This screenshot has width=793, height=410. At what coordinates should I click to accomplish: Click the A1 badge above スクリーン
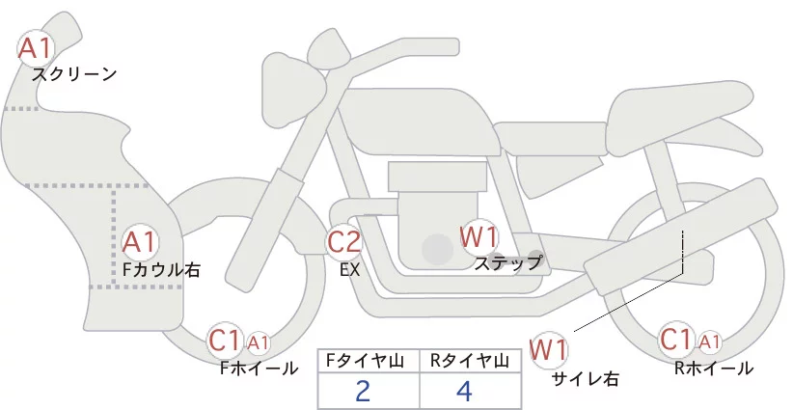click(38, 47)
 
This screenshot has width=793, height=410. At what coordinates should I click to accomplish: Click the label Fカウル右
click(161, 270)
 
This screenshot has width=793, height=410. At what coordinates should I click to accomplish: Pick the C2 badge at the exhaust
click(344, 241)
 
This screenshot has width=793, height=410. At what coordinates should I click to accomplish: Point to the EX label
click(349, 270)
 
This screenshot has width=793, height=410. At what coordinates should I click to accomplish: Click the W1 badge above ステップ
click(479, 235)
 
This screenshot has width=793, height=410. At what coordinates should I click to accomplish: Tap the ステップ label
click(508, 261)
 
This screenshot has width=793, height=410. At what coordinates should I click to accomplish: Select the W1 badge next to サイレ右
click(549, 348)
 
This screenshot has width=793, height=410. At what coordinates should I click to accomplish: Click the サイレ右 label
click(585, 378)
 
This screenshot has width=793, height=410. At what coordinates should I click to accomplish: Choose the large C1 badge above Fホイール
click(225, 341)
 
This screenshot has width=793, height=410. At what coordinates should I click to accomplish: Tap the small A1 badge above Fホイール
click(259, 342)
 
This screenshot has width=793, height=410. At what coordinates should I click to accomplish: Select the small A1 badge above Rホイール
click(709, 342)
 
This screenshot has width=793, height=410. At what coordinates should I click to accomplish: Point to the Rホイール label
click(714, 369)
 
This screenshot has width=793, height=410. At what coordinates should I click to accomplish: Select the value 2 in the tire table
click(363, 392)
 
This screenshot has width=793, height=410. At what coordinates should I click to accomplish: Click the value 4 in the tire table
click(465, 392)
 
